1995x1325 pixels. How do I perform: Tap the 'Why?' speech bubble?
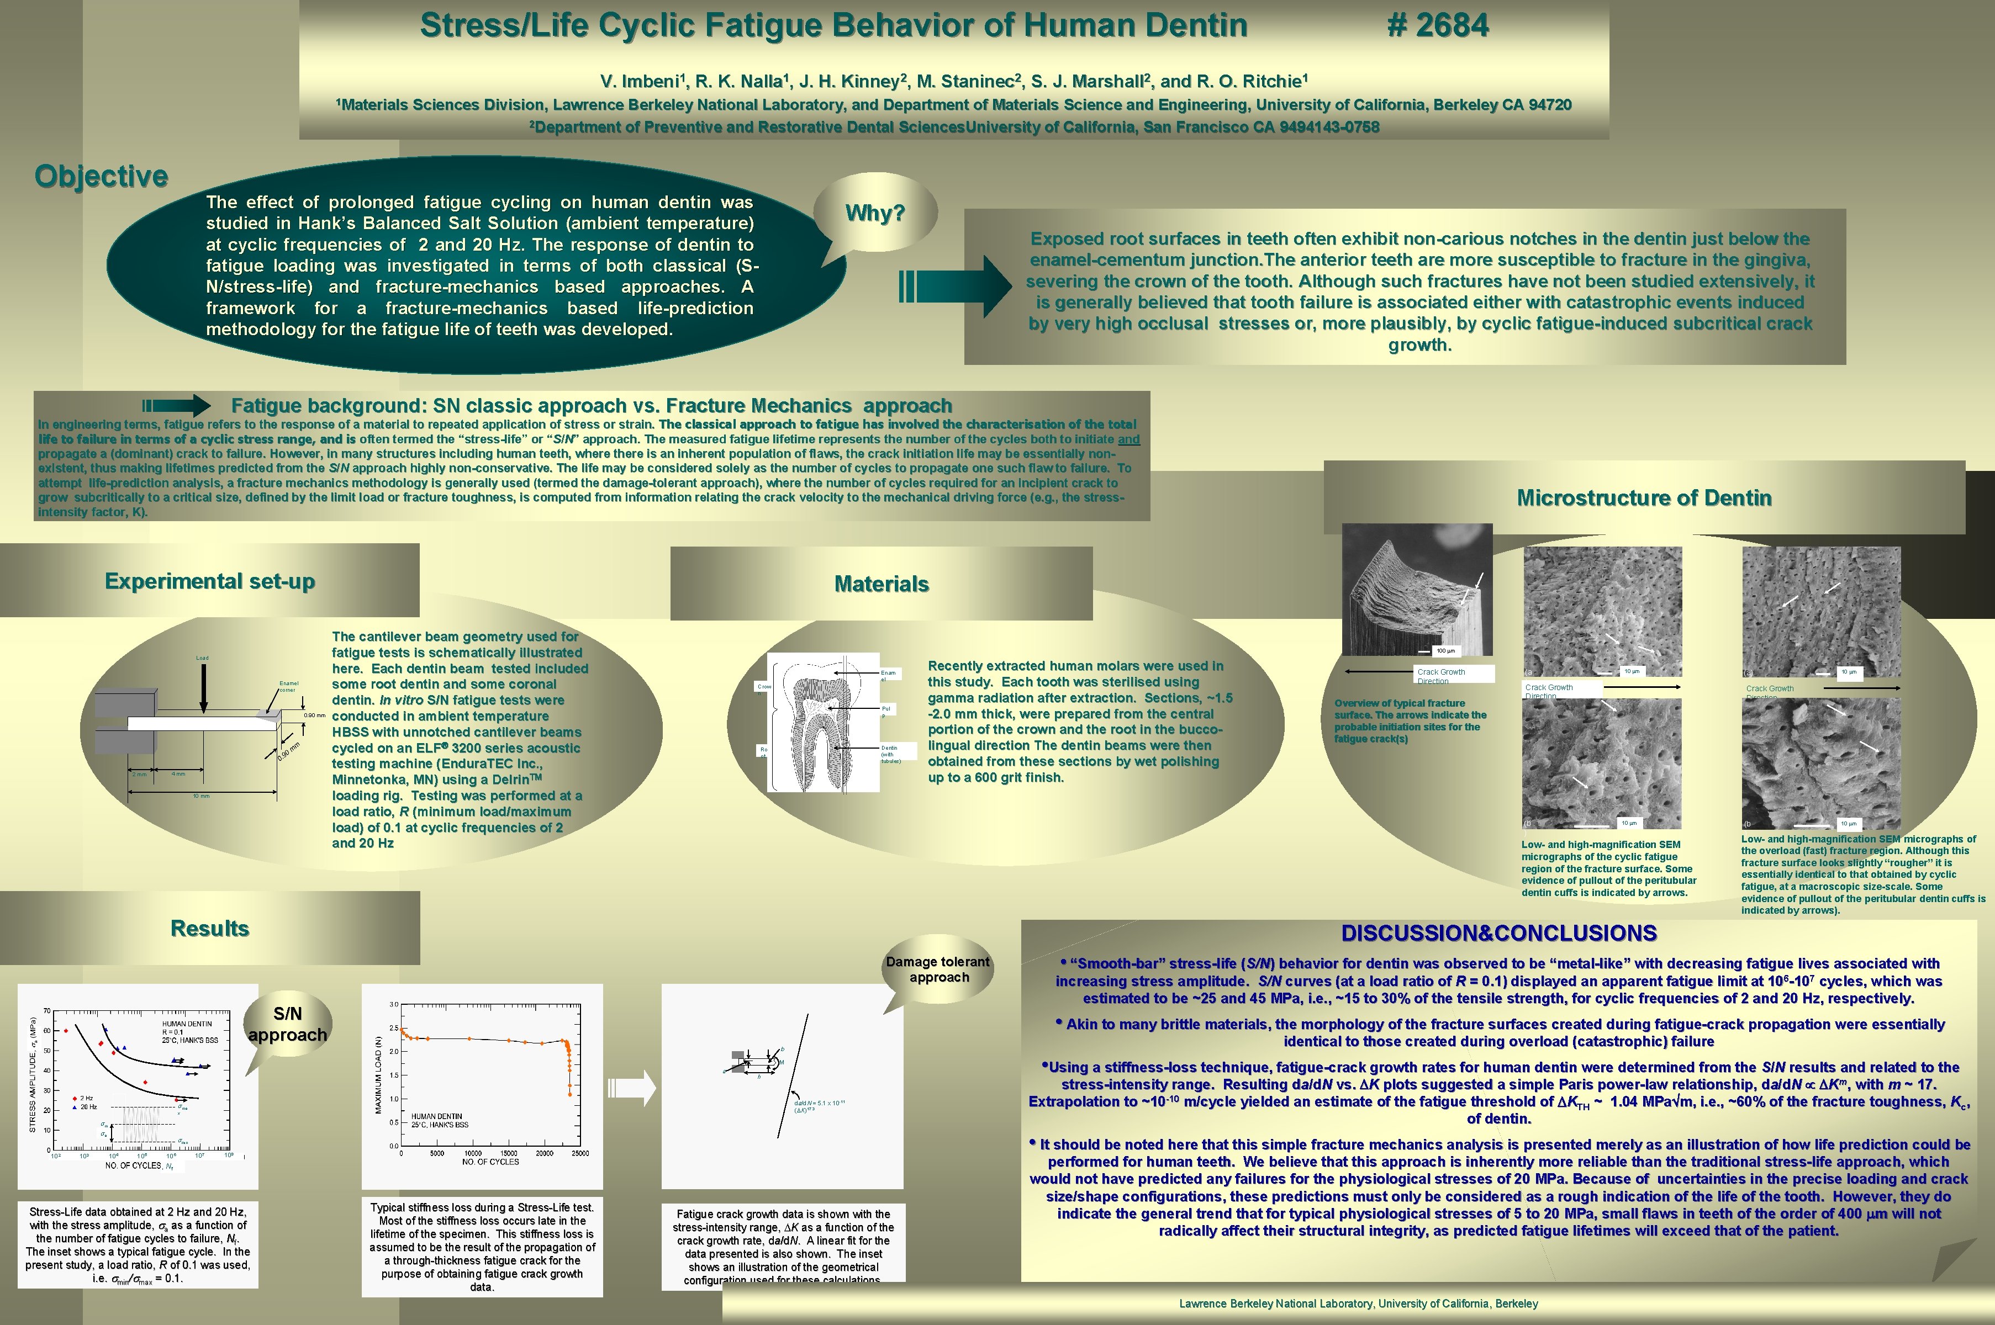pos(875,213)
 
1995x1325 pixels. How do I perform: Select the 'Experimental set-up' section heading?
pos(210,581)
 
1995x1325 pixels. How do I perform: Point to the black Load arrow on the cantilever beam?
pos(203,688)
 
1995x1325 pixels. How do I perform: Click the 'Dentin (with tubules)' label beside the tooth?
pos(890,754)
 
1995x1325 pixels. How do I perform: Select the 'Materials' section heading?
pos(881,584)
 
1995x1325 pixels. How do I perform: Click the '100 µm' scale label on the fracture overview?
pos(1445,651)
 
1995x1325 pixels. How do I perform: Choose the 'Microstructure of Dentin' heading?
pos(1643,498)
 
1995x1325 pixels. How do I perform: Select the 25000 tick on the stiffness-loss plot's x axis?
pos(580,1153)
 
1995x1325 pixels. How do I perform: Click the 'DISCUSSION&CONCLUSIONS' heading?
pos(1498,933)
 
